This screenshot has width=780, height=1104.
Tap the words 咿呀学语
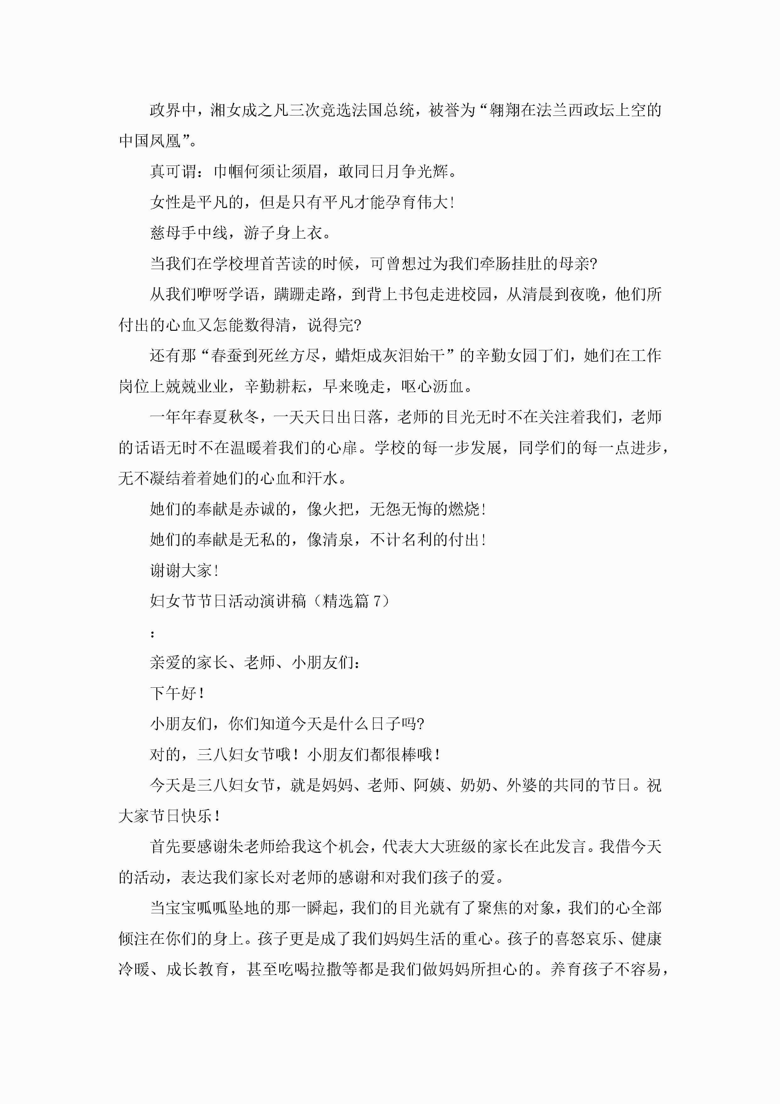tap(228, 294)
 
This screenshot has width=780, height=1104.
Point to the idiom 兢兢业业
tap(197, 386)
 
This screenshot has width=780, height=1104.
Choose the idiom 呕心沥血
tap(432, 386)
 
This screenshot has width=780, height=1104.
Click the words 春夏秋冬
tap(228, 417)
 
